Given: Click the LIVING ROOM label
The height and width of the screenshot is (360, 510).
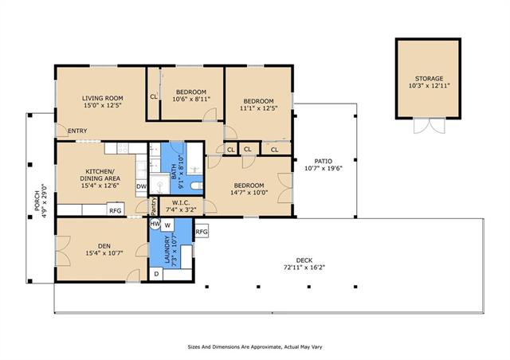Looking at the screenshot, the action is (103, 98).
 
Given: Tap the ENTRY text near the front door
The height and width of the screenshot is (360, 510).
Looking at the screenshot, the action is (77, 131).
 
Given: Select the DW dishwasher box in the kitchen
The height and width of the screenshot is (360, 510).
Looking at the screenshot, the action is (141, 186).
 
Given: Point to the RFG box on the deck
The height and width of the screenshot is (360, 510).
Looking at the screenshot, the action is (202, 232).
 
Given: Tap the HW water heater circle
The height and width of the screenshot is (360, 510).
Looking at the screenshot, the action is (155, 224).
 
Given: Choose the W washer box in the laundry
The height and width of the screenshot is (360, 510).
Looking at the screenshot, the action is (167, 225).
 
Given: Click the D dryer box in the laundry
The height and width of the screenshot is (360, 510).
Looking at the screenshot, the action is (156, 274).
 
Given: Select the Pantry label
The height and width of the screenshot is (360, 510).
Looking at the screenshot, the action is (154, 206).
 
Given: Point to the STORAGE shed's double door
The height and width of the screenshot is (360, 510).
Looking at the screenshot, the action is (429, 126).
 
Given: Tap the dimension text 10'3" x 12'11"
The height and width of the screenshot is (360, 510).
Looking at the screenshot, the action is (429, 86).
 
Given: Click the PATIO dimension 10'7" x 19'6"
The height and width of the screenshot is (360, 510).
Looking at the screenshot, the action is (324, 169).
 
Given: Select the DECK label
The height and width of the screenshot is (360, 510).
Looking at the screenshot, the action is (304, 260).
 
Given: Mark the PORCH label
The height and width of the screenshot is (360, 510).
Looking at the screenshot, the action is (37, 201).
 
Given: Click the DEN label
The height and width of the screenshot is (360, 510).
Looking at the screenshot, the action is (104, 246).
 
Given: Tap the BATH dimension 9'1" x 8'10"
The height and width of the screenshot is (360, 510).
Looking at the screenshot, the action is (182, 172).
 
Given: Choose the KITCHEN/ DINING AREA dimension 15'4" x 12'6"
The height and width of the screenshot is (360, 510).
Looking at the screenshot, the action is (100, 186).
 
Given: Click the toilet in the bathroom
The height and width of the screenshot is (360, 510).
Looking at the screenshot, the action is (197, 186).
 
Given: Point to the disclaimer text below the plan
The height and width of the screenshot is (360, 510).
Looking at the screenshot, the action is (255, 347).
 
